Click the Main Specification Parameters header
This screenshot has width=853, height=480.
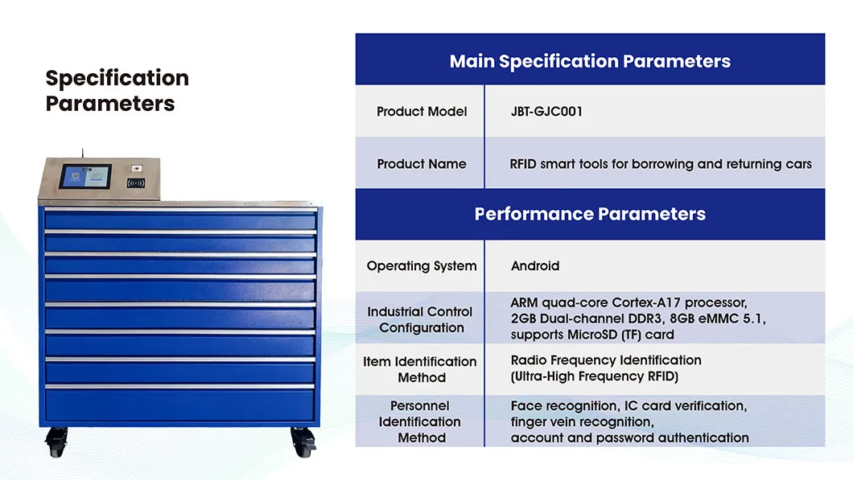point(590,61)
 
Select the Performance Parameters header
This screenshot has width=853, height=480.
point(590,214)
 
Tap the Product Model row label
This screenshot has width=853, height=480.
point(422,112)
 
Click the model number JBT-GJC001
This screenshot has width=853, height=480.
point(546,112)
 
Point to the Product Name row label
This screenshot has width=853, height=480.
point(422,164)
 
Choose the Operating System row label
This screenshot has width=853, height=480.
point(422,266)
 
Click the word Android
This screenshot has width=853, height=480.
point(535,266)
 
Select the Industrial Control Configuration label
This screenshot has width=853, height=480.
point(420,319)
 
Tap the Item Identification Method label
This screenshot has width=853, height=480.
point(420,369)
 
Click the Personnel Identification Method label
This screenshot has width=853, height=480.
point(420,421)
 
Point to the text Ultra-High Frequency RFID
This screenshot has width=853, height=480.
point(594,376)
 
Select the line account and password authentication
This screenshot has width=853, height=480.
point(629,438)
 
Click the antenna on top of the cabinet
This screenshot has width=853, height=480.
point(82,152)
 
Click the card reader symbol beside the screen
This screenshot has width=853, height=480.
point(136,183)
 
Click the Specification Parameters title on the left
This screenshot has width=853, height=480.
point(117,91)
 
